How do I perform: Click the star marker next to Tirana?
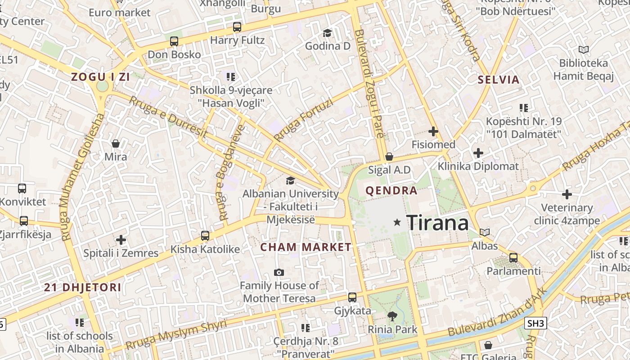tap(397, 222)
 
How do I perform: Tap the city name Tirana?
tap(437, 223)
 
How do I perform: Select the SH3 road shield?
tap(535, 323)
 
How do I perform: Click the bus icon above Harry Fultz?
tap(237, 27)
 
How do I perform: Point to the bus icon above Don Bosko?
tap(174, 41)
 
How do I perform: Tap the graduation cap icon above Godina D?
tap(327, 33)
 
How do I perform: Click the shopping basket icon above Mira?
tap(116, 144)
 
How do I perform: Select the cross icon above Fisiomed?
tap(433, 131)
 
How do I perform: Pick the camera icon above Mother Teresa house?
tap(279, 272)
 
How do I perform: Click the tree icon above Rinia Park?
tap(392, 316)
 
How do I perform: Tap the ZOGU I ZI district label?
tap(101, 77)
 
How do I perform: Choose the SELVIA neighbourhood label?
tap(499, 80)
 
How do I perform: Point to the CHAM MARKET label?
tap(306, 247)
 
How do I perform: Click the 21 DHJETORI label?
tap(83, 288)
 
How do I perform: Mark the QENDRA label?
tap(391, 190)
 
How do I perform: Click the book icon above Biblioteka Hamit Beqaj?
tap(584, 49)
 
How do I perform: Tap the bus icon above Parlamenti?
tap(513, 258)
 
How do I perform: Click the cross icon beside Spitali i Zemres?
tap(121, 240)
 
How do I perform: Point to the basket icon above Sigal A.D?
tap(389, 157)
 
